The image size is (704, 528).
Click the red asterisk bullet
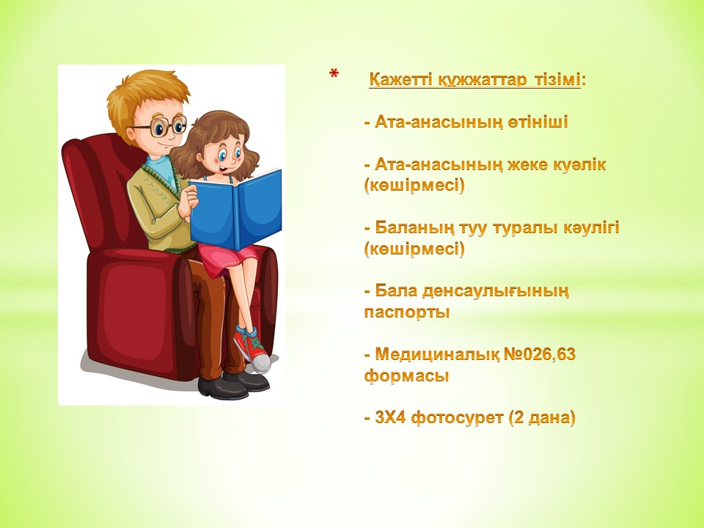[334, 73]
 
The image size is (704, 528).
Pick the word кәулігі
[591, 228]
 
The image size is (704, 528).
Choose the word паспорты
[407, 312]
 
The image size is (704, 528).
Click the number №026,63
[540, 355]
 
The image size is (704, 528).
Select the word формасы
[406, 375]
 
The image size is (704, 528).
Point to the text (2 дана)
[543, 419]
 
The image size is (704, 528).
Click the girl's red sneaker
[253, 350]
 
